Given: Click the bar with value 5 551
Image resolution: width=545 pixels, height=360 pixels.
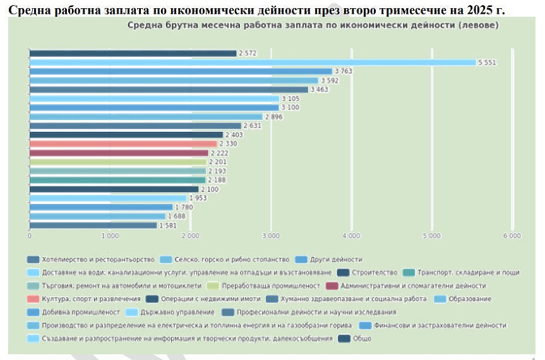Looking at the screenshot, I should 253,63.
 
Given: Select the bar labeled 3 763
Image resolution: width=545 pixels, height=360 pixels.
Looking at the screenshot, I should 181,71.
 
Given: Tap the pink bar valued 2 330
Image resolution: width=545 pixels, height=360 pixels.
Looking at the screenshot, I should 123,144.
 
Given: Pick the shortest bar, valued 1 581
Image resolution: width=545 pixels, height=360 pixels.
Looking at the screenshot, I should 93,225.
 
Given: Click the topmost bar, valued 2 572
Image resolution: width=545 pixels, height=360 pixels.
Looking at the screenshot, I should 133,54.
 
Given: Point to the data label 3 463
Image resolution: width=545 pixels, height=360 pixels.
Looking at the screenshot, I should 321,90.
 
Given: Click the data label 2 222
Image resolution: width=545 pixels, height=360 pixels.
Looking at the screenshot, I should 220,153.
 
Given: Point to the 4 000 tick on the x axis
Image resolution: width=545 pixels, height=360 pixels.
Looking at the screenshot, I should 351,236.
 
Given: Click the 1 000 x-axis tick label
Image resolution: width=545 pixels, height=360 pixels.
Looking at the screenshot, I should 110,236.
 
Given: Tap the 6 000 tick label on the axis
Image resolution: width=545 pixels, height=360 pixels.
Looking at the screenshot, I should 512,236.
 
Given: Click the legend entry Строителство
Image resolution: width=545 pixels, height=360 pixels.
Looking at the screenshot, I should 374,272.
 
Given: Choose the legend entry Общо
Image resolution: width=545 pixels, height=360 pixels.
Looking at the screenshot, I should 362,339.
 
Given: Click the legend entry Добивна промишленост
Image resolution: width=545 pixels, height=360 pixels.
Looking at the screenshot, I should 81,312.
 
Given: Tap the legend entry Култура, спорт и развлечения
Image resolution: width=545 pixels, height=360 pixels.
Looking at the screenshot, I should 91,299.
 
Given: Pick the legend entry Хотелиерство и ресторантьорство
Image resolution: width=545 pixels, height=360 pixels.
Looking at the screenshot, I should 98,259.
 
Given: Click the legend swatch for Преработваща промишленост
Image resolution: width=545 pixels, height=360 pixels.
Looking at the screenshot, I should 213,285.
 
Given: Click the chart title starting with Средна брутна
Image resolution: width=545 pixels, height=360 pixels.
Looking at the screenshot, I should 313,26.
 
